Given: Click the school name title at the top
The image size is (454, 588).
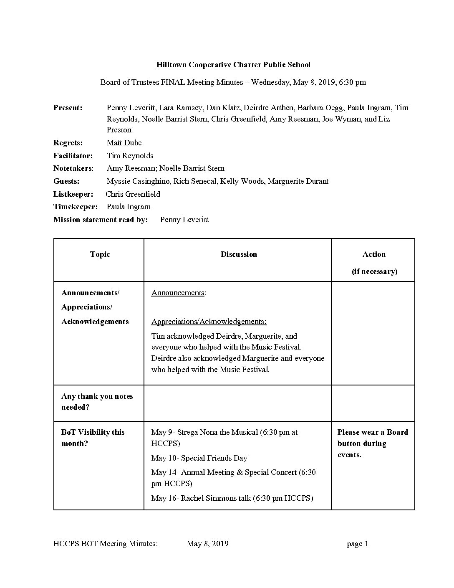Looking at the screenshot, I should pos(233,65).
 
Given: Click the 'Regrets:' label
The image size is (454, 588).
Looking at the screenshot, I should pos(68,143).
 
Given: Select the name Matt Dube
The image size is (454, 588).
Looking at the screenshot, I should pos(124,143).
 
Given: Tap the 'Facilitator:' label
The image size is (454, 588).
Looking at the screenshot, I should pos(73,156).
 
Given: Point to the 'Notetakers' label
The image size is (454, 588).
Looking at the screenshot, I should pos(73,168).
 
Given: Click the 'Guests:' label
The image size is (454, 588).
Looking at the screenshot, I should pos(66,181).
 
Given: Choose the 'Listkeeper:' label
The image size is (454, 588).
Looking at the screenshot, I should pos(73,194).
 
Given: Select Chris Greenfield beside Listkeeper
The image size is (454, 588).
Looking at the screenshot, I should pos(133,194).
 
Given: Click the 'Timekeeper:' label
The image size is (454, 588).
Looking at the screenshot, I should pos(76,207).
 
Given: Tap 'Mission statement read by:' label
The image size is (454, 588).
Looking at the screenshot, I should pos(101,220).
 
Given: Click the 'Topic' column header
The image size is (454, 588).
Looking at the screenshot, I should pos(100,254).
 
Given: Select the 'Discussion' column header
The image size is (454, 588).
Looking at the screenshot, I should pos(239,254).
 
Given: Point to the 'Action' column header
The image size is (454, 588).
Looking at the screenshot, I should pos(374,254).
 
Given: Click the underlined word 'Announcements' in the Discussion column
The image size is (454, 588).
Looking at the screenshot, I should pos(178,293).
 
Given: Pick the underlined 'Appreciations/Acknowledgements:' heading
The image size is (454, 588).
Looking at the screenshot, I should pos(209,322).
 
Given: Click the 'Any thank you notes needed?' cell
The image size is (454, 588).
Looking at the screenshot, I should pos(97,402).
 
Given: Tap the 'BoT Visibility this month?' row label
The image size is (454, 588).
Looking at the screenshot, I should pos(93,438).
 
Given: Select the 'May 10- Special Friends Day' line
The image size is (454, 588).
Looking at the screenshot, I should pos(199,458).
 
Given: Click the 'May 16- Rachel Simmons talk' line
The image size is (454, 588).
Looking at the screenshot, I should pos(232,498).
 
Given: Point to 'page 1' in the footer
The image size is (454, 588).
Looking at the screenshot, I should pos(357,544).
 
